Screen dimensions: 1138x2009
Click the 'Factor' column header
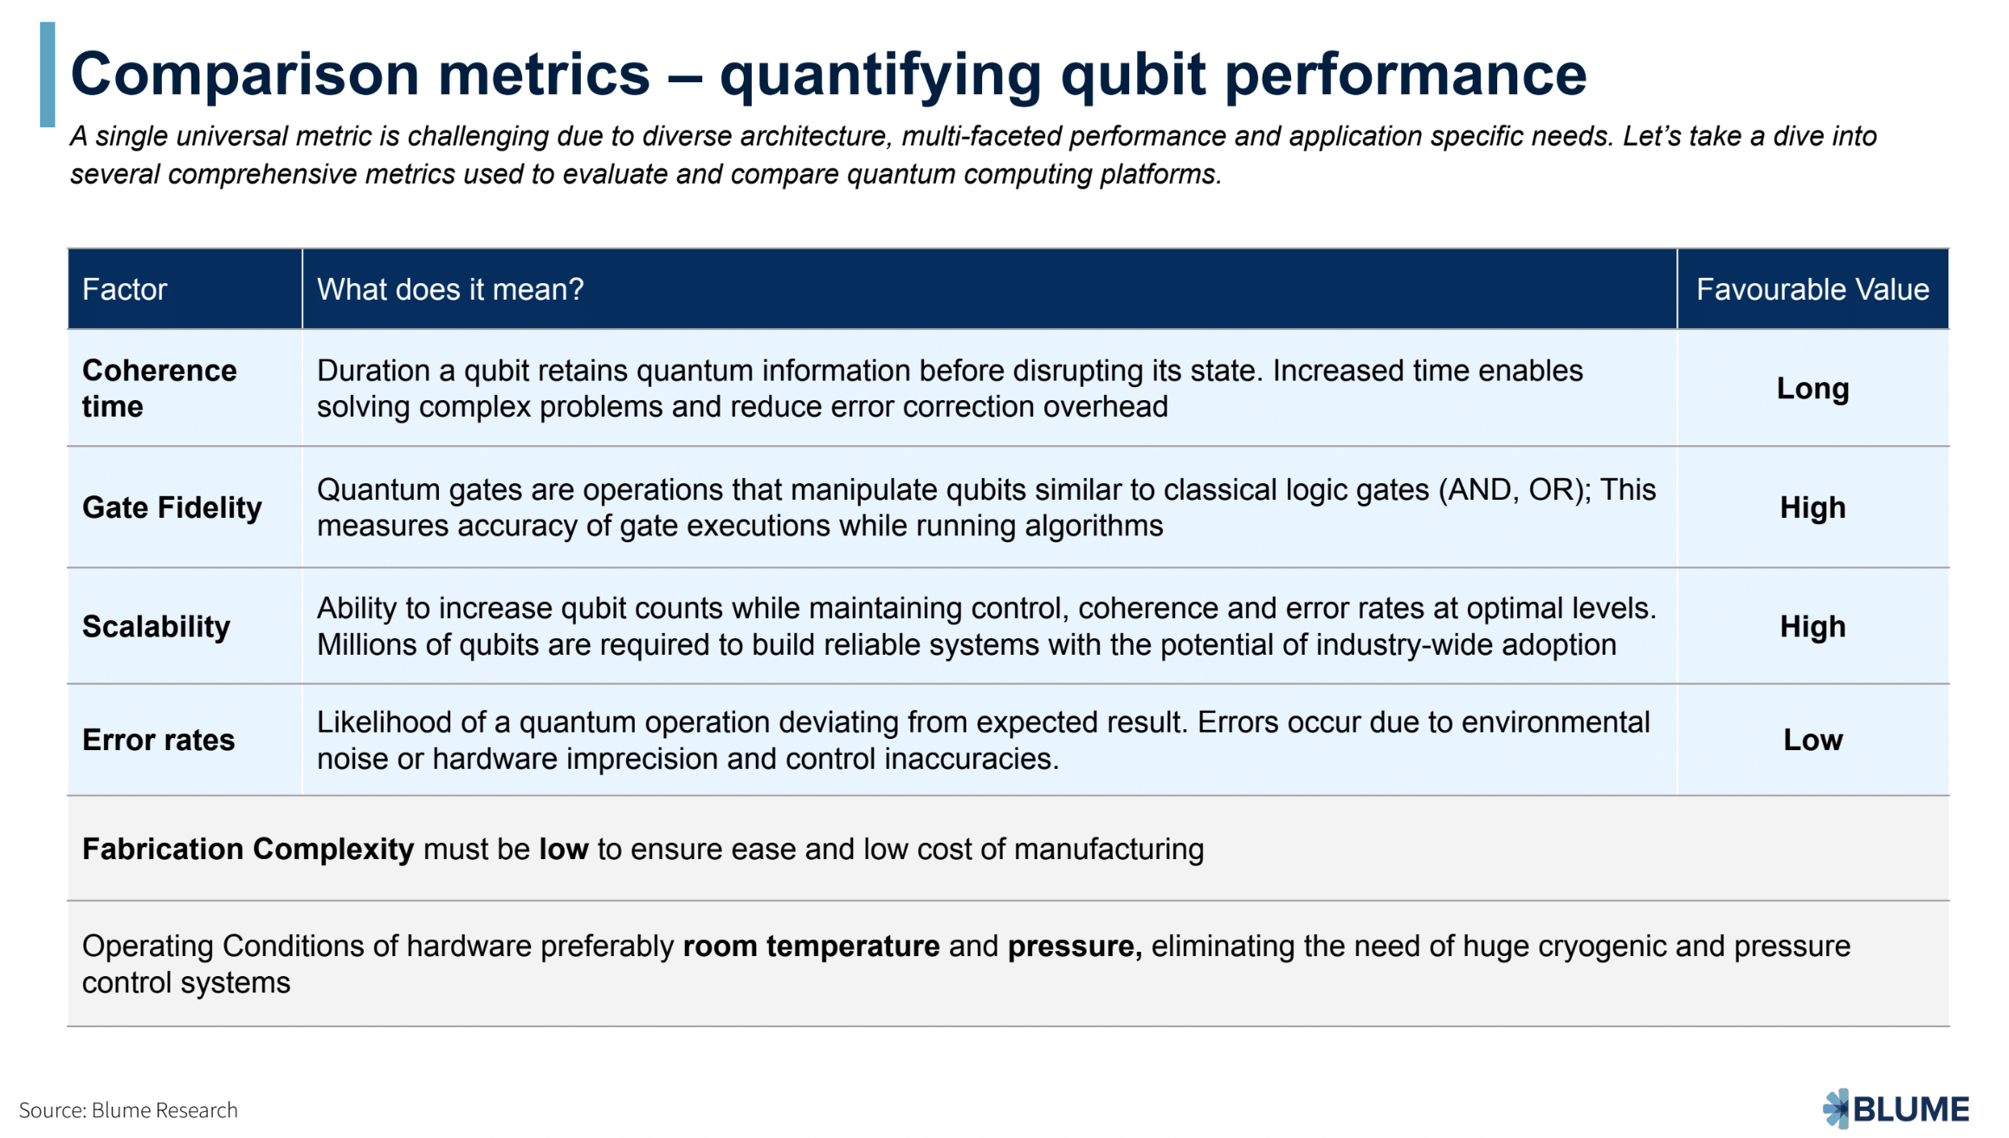tap(125, 289)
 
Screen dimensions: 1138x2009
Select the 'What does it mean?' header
tap(450, 289)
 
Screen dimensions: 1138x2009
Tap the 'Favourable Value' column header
tap(1812, 289)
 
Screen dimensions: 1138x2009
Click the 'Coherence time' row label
tap(158, 388)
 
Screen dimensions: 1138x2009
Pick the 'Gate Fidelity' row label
tap(171, 508)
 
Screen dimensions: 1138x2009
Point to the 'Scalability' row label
tap(156, 626)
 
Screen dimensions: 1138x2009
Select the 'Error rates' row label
tap(158, 740)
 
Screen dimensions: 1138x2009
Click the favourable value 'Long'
tap(1812, 389)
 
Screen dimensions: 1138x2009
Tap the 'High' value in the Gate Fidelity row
tap(1812, 508)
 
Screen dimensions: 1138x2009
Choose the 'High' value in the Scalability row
tap(1812, 626)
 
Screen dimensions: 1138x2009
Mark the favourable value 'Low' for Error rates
tap(1812, 740)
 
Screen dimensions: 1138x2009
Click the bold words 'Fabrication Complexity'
tap(248, 850)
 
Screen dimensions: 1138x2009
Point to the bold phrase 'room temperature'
tap(811, 947)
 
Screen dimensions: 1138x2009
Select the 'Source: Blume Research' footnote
tap(128, 1110)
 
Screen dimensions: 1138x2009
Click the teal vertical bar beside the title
tap(48, 74)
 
